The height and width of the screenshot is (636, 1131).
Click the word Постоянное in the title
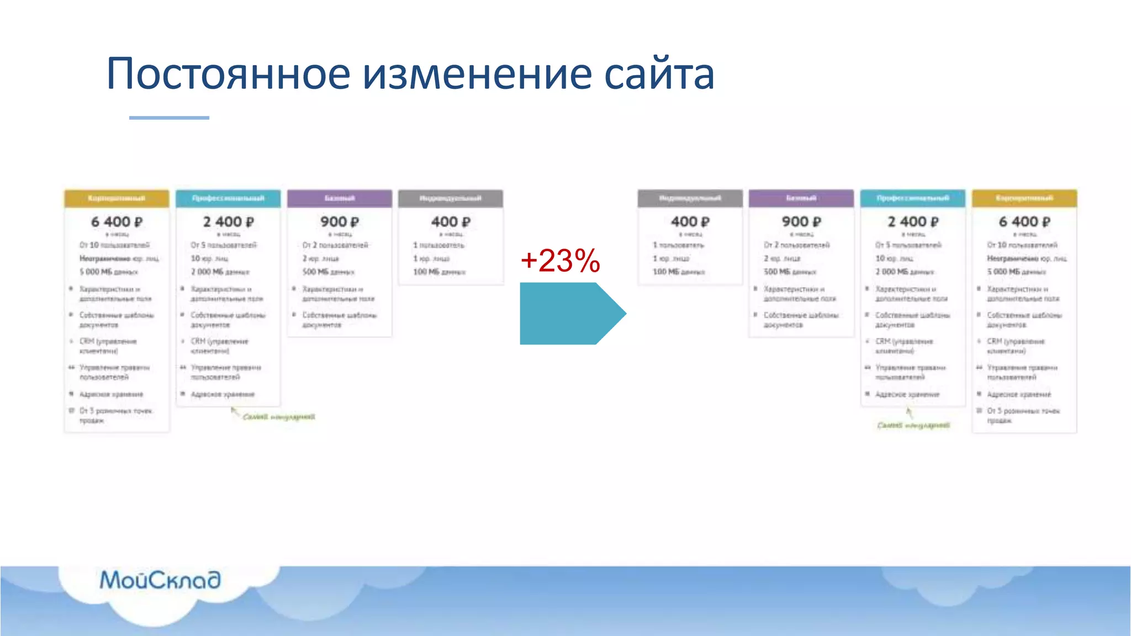pos(228,73)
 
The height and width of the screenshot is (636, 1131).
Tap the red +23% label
pos(560,261)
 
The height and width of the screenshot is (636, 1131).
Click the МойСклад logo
pos(160,580)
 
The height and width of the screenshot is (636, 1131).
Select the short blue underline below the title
pos(169,118)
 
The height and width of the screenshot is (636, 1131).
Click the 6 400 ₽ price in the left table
pos(117,222)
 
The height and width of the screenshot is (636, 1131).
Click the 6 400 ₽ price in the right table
pos(1024,222)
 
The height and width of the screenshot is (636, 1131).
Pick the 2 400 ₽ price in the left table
pos(228,222)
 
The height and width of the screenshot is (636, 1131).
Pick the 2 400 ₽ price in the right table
pos(913,222)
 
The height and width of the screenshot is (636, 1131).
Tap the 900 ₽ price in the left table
pos(339,222)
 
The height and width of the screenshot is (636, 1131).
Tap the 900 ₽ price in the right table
pos(801,222)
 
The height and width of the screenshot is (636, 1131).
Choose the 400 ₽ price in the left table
pos(451,222)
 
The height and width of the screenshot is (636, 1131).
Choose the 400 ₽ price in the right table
pos(690,222)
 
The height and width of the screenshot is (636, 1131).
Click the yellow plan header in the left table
pos(117,198)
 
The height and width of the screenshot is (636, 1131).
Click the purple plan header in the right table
pos(801,198)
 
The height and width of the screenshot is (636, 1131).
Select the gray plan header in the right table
pos(690,198)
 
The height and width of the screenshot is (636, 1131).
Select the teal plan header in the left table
pos(228,198)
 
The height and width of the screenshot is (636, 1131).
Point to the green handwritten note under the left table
pos(278,417)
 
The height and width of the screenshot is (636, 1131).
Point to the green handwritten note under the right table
pos(913,425)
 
